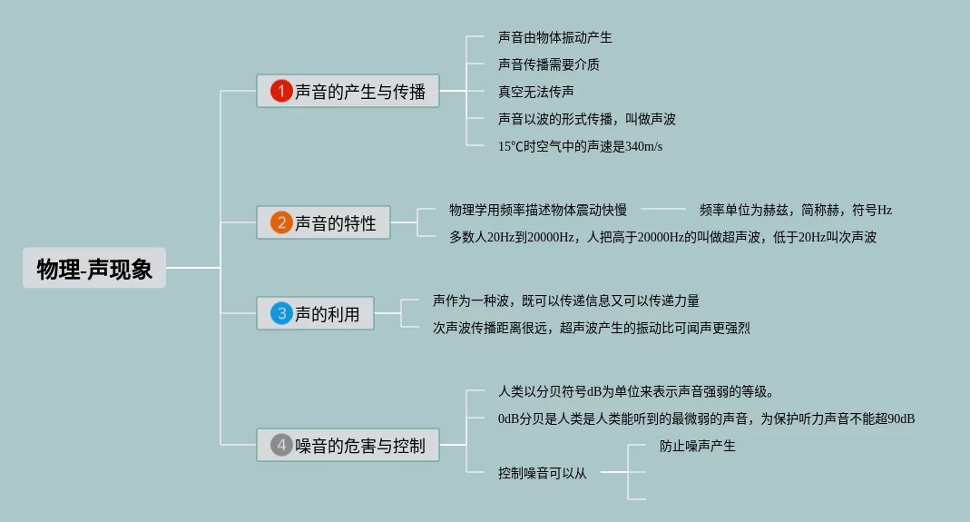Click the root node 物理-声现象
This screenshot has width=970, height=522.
click(x=94, y=269)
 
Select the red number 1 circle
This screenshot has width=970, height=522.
click(x=281, y=91)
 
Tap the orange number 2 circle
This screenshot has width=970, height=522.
click(x=281, y=222)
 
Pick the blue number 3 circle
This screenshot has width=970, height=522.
click(x=281, y=314)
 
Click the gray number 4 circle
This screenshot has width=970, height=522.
click(x=281, y=446)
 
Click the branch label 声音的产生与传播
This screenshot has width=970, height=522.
click(x=360, y=92)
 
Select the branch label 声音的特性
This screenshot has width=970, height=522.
click(x=336, y=223)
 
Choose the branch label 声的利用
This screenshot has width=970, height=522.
click(x=328, y=315)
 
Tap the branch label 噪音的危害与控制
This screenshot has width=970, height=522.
click(x=360, y=447)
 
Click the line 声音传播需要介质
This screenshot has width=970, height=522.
click(x=549, y=65)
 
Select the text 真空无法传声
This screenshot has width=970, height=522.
click(x=536, y=92)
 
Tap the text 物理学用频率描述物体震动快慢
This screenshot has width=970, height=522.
click(x=538, y=210)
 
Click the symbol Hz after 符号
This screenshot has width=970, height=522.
click(x=884, y=210)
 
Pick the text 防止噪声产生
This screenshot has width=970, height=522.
click(x=698, y=446)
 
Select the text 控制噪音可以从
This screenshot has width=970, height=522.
click(x=543, y=473)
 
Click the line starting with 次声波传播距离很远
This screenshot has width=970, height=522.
click(x=592, y=328)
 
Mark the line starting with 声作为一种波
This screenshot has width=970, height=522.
click(x=566, y=300)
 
